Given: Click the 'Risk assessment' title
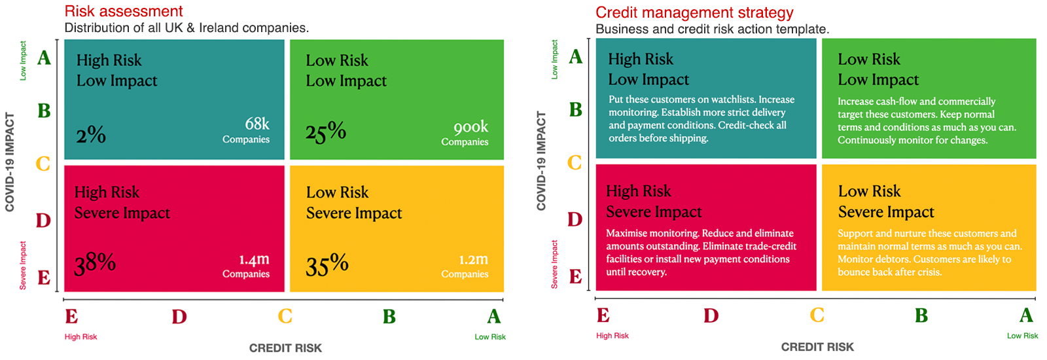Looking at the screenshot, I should click(x=124, y=11).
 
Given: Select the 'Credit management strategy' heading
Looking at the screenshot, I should click(x=694, y=12).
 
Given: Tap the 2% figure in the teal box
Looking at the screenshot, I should click(x=91, y=135).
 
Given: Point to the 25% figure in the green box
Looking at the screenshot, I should click(x=325, y=132).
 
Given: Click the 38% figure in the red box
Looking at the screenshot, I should click(x=95, y=263).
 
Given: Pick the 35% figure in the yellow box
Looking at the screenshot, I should click(x=327, y=264).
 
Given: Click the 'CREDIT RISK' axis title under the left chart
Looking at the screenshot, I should click(x=285, y=348).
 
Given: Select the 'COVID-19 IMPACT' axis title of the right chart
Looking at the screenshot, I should click(x=541, y=161).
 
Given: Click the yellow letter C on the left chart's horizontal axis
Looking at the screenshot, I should click(x=285, y=316).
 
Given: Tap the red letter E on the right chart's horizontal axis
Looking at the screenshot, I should click(x=603, y=315).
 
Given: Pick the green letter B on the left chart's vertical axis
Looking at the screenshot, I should click(x=44, y=111).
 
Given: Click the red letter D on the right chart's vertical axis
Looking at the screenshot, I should click(x=575, y=219).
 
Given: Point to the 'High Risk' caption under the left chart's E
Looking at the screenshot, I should click(x=80, y=337).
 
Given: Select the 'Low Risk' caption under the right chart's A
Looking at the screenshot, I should click(x=1022, y=336).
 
